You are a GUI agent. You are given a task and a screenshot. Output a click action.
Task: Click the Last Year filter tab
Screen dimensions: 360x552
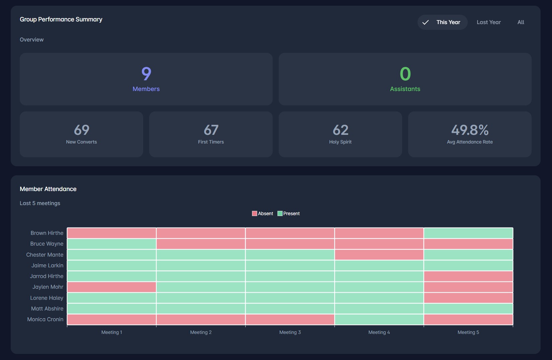point(488,22)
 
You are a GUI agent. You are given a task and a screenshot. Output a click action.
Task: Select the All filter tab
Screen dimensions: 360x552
point(521,22)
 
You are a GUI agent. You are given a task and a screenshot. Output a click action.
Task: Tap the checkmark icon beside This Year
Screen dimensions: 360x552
point(426,22)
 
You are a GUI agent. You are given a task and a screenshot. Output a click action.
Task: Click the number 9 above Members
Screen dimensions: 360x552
point(146,74)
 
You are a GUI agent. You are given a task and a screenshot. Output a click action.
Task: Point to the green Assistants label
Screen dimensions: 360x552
point(405,89)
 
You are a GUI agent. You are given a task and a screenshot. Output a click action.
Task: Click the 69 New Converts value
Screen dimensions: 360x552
point(81,130)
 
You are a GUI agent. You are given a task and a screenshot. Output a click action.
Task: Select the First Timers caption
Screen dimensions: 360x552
point(211,142)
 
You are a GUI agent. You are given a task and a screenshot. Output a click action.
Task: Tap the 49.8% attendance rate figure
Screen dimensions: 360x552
point(470,130)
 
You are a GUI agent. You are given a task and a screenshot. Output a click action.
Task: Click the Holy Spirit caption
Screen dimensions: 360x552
point(340,142)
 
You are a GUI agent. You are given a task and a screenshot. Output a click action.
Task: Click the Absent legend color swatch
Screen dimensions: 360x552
point(255,213)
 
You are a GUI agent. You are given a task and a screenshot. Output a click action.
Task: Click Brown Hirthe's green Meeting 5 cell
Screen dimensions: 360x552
point(468,233)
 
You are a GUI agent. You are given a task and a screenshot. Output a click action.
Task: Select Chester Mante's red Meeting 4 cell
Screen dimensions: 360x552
point(379,255)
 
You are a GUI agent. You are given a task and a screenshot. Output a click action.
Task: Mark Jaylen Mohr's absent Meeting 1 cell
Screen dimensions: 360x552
point(111,287)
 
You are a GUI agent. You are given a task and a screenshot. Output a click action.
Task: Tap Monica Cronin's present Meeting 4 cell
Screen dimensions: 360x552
point(379,319)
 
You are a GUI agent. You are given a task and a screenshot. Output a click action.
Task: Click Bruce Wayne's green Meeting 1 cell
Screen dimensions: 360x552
point(111,244)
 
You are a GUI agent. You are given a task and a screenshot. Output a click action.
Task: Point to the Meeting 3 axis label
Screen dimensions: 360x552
point(290,332)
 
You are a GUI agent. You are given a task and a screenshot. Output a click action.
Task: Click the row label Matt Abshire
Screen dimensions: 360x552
point(47,308)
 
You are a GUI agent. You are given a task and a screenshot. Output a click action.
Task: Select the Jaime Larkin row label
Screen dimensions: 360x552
point(47,265)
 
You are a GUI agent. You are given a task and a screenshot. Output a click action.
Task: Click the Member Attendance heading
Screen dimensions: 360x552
point(48,189)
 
